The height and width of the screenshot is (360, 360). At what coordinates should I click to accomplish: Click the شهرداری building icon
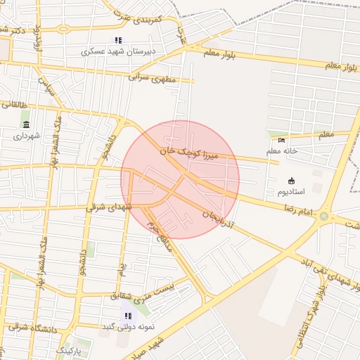tap(26, 124)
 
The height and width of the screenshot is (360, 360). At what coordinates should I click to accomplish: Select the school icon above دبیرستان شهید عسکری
tap(118, 40)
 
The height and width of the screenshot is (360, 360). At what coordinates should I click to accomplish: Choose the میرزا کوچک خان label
tap(184, 151)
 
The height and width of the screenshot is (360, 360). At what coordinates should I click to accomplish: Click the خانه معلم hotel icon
tap(282, 139)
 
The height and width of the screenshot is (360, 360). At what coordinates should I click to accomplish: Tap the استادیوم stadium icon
tap(292, 181)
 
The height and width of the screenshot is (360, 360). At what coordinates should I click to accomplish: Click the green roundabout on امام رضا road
tap(324, 216)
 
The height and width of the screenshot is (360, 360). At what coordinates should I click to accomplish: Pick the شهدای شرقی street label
tap(109, 207)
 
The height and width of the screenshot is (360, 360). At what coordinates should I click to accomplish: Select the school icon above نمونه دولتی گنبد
tap(127, 316)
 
